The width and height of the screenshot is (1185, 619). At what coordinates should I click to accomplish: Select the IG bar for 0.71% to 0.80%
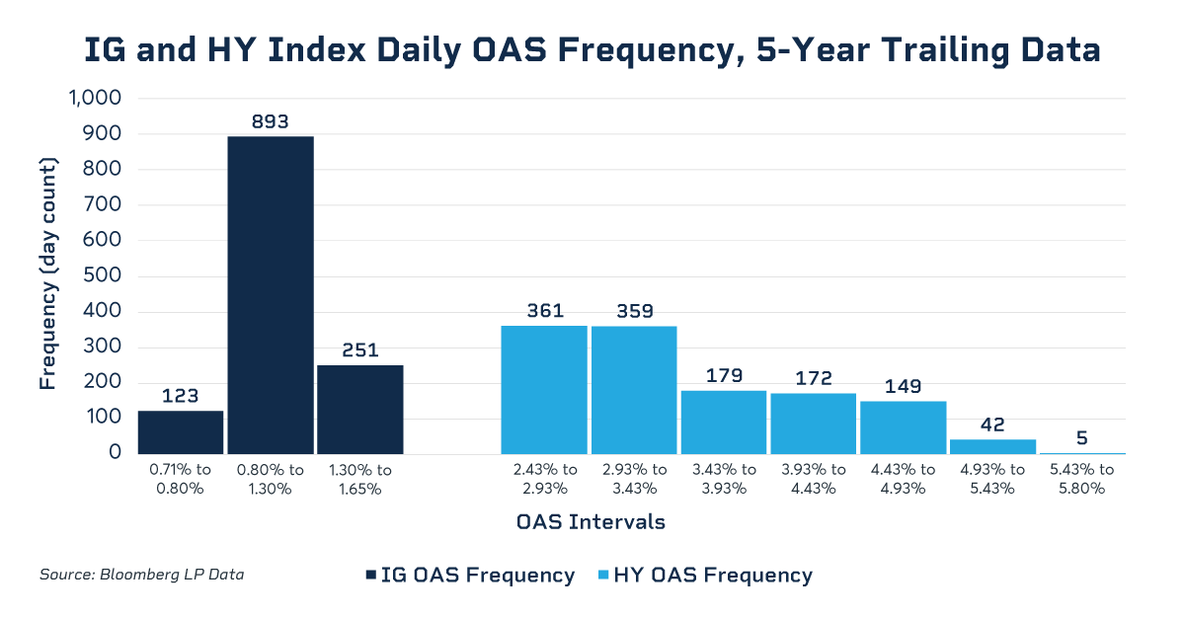coord(181,432)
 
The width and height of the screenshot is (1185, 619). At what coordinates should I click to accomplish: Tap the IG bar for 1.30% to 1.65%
coord(360,409)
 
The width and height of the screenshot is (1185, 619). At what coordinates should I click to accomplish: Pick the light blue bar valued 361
coord(544,389)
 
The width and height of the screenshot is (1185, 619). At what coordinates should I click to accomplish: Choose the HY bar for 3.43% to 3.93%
coord(724,422)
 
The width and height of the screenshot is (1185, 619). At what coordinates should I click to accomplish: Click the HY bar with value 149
coord(904,426)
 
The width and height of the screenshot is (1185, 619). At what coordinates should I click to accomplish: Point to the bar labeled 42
coord(992,446)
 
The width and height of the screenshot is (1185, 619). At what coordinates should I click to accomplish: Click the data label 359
coord(634,311)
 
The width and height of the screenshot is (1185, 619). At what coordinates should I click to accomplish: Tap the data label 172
coord(814,378)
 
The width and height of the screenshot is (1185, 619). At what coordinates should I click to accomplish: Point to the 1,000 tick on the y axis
coord(95,99)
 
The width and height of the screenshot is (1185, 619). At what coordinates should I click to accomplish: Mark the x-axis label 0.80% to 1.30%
coord(271,479)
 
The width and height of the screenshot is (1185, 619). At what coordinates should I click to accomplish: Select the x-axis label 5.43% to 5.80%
coord(1082,479)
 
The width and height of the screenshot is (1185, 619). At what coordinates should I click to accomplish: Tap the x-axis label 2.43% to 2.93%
coord(544,479)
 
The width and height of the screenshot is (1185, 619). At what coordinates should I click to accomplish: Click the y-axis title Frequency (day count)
coord(47,274)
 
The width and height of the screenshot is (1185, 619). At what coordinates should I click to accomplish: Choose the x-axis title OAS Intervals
coord(591,522)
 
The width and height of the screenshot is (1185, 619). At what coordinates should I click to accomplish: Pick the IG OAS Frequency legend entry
coord(470,575)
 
